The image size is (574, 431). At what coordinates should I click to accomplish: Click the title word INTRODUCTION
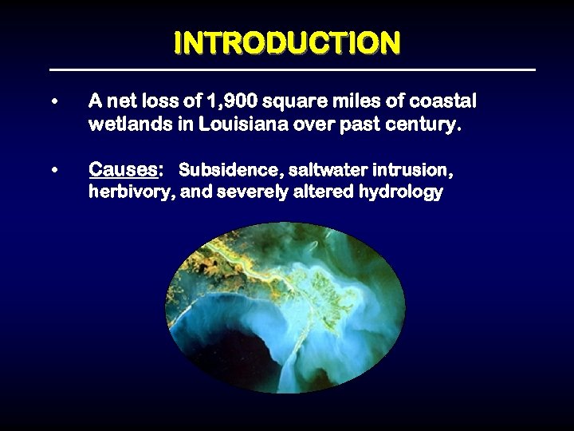pos(287,43)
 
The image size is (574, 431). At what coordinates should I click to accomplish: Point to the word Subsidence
pos(218,170)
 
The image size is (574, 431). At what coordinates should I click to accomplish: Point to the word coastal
pos(446,101)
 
